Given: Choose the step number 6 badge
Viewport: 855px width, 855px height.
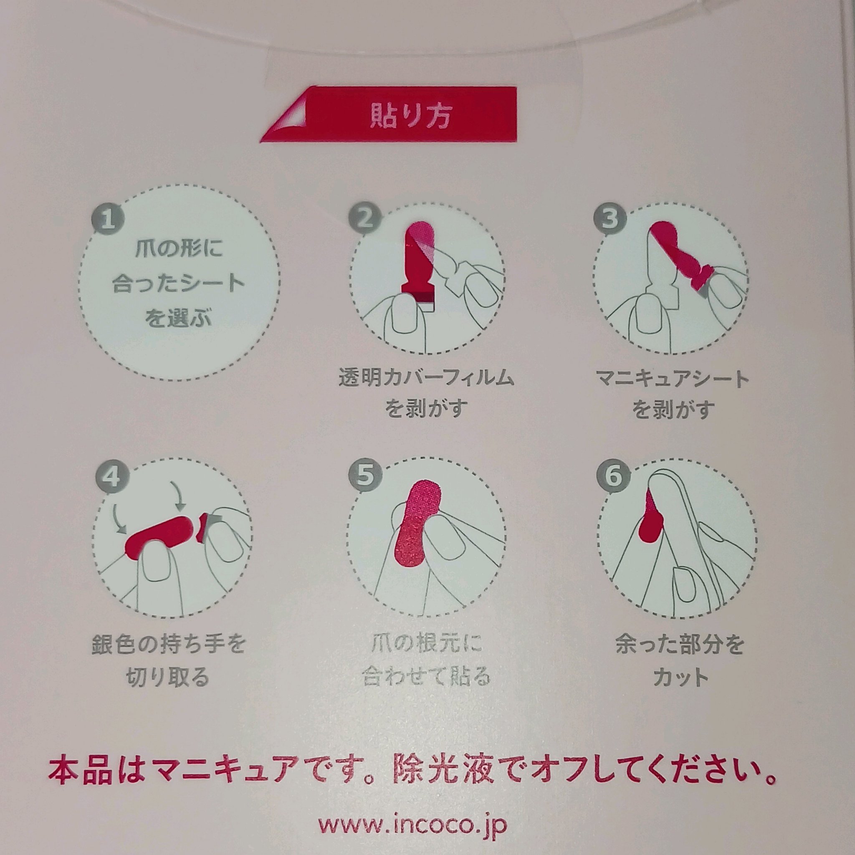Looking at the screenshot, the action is click(x=613, y=477).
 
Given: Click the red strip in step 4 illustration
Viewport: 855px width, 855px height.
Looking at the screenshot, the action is click(x=159, y=537).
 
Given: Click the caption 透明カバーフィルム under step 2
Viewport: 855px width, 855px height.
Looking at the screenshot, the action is click(x=426, y=379).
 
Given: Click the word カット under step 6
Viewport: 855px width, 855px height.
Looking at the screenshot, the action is click(x=680, y=678).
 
